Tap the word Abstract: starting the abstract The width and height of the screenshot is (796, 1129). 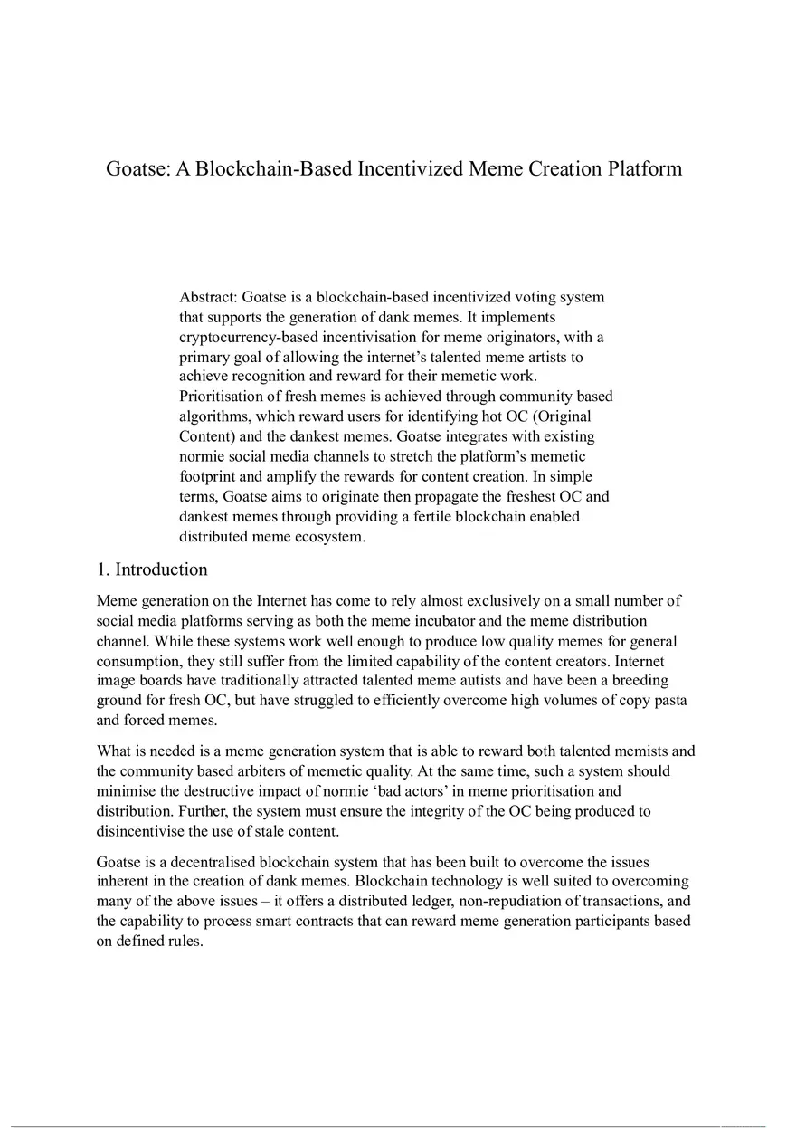coord(208,297)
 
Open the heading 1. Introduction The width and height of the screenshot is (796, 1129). coord(152,569)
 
